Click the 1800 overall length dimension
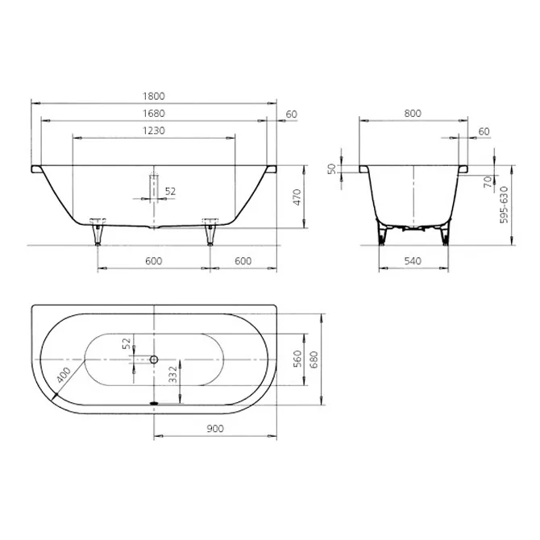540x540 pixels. (154, 96)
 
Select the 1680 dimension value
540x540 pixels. (154, 114)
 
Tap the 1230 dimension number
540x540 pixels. (154, 131)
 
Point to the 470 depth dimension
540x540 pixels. (297, 197)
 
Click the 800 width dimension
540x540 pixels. (413, 114)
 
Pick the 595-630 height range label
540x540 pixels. (504, 205)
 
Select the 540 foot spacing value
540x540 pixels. (413, 261)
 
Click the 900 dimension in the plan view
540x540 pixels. (215, 429)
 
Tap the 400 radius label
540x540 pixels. (64, 375)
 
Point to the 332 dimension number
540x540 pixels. (173, 374)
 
